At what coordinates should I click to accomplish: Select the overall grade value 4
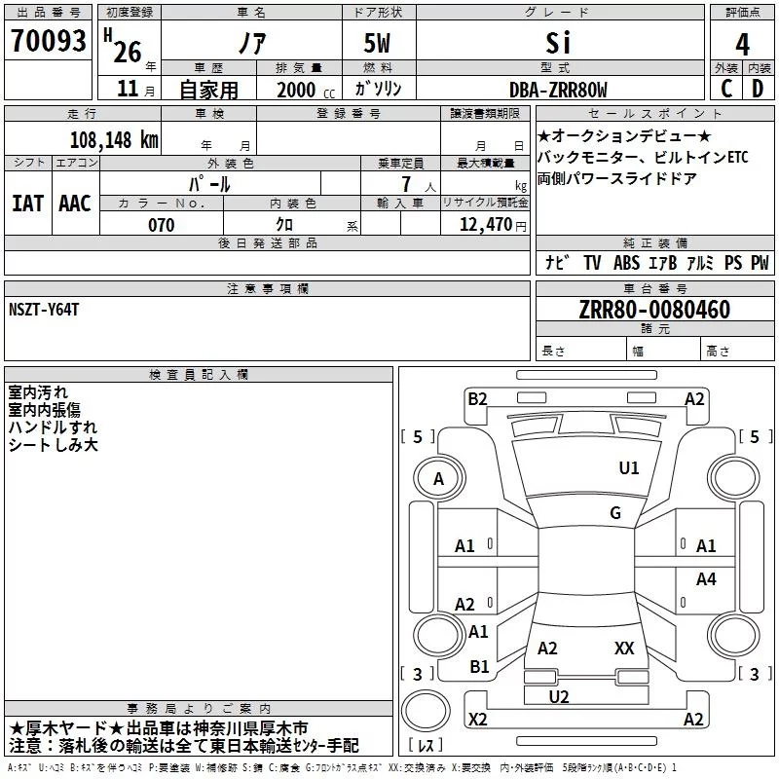click(x=743, y=44)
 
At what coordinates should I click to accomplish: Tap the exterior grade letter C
click(x=726, y=89)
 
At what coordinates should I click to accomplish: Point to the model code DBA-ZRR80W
click(x=558, y=90)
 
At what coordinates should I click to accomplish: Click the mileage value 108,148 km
click(x=114, y=139)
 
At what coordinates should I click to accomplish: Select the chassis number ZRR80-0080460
click(x=654, y=311)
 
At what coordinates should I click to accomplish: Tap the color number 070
click(x=161, y=225)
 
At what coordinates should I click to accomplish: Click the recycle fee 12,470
click(x=484, y=225)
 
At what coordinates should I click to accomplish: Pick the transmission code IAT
click(x=28, y=204)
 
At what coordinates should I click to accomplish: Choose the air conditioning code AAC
click(x=75, y=204)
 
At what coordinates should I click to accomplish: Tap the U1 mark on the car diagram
click(x=630, y=468)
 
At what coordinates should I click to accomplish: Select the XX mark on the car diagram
click(x=624, y=648)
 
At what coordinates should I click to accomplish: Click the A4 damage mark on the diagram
click(x=706, y=579)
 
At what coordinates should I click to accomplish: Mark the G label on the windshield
click(x=615, y=513)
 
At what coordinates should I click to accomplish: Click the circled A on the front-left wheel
click(x=438, y=479)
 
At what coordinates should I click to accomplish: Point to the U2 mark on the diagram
click(x=559, y=695)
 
